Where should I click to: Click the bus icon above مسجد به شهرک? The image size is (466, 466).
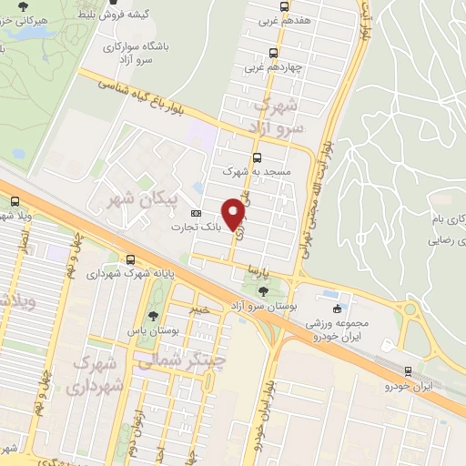click(x=258, y=157)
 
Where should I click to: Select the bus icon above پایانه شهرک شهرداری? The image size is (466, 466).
click(x=133, y=259)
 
